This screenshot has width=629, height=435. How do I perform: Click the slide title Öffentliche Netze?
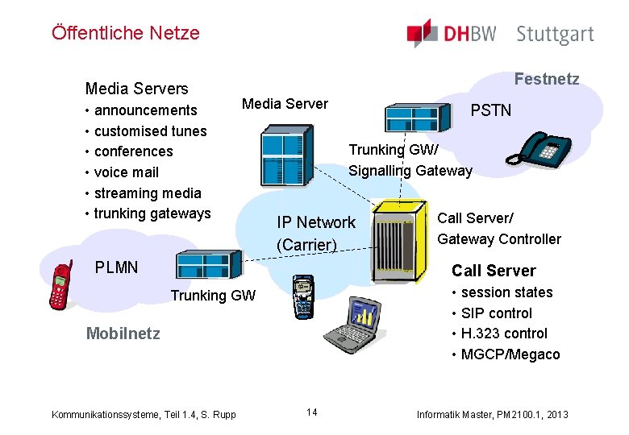coord(125,33)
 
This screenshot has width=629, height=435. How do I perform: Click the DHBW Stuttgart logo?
coord(500,34)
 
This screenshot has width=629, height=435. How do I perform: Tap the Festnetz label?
coord(547,79)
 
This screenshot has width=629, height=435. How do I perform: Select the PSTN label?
coord(491,110)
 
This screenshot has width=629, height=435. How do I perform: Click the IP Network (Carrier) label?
coord(316,233)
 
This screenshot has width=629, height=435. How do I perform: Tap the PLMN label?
coord(116,267)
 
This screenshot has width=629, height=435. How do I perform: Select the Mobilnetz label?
coord(123,333)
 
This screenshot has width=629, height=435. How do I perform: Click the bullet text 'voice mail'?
coord(126,172)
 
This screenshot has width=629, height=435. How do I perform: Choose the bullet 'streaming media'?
coord(148,193)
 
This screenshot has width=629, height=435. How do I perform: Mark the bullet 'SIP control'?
coord(496,313)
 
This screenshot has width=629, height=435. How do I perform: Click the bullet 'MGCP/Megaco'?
coord(510,354)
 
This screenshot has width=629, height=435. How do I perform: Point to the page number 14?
coord(312,412)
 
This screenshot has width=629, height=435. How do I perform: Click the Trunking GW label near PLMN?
coord(212,296)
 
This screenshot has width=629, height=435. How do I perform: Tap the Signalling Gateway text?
coord(410,171)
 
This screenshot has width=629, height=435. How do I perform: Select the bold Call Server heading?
coord(494,271)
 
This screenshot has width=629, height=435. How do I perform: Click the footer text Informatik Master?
coord(492,414)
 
